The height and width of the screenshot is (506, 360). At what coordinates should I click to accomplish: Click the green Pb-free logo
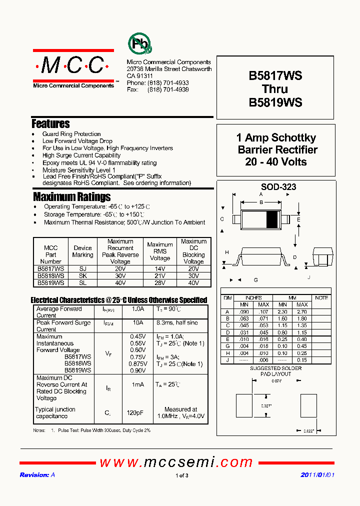pos(140,44)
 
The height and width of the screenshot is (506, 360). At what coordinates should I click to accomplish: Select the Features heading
pos(50,123)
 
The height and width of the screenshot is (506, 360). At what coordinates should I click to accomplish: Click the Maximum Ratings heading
pos(71,196)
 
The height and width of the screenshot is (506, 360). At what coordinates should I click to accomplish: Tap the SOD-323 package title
pos(275,187)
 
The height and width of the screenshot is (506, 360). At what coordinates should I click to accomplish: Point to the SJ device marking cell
pos(82,268)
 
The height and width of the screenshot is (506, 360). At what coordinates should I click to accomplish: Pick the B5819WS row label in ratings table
pos(50,282)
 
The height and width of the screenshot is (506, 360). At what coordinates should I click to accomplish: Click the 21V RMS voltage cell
pos(159,275)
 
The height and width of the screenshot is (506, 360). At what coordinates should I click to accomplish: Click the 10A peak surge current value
pos(138,323)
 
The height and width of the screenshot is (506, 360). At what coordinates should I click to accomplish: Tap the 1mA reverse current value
pos(138,384)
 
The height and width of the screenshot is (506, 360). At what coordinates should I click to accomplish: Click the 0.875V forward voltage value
pos(138,364)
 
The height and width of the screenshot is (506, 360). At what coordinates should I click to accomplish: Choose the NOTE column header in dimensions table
pos(321,298)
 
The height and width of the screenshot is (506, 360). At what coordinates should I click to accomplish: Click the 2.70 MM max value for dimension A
pos(302,311)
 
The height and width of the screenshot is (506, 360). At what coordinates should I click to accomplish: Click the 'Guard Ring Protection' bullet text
pos(71,134)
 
